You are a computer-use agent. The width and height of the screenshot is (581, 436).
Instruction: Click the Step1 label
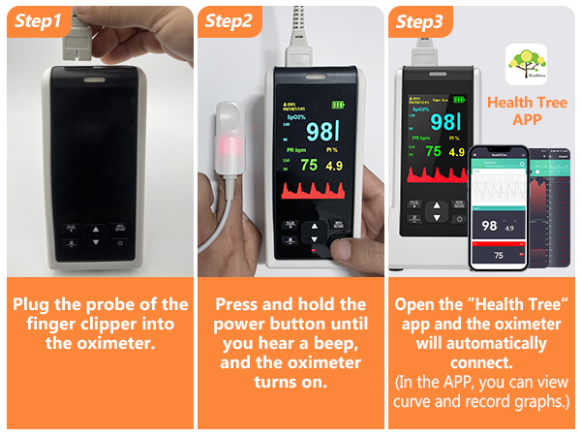coord(37,20)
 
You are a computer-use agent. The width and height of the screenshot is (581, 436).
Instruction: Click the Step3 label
coord(418,20)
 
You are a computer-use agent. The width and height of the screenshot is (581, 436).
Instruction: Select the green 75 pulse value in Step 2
coord(309,165)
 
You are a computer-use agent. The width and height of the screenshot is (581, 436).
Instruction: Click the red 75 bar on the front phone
coord(498,255)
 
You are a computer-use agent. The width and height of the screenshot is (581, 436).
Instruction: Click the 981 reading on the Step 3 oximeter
coord(445,122)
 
